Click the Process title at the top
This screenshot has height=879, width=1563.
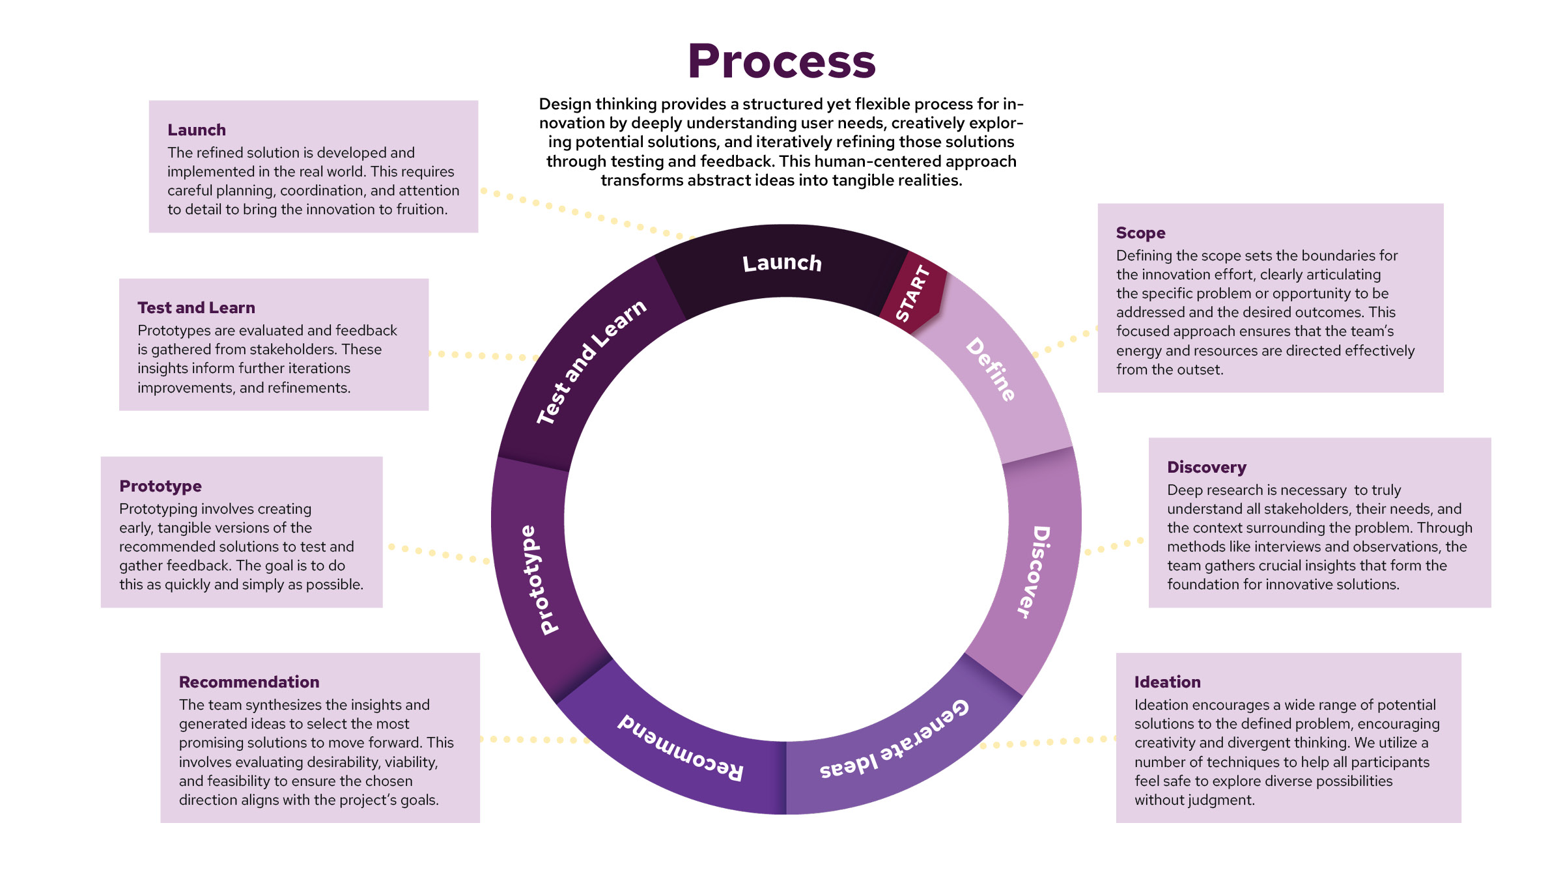[781, 61]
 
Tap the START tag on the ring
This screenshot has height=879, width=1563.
[912, 294]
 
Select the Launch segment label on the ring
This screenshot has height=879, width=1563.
[782, 263]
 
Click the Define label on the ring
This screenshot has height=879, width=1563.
[991, 369]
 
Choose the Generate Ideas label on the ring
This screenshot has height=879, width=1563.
[894, 740]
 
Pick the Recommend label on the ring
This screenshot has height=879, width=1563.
[680, 748]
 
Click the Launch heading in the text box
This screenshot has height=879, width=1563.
[197, 130]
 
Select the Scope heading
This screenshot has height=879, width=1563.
[1140, 233]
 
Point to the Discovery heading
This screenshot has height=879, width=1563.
[1206, 467]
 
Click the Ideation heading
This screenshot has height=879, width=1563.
[1167, 682]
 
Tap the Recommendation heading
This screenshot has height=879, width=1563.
[249, 682]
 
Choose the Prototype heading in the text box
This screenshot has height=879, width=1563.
[160, 486]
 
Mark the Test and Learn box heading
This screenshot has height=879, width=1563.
[196, 308]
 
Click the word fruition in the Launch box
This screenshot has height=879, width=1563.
[423, 210]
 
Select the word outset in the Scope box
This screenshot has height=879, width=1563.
[1201, 370]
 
